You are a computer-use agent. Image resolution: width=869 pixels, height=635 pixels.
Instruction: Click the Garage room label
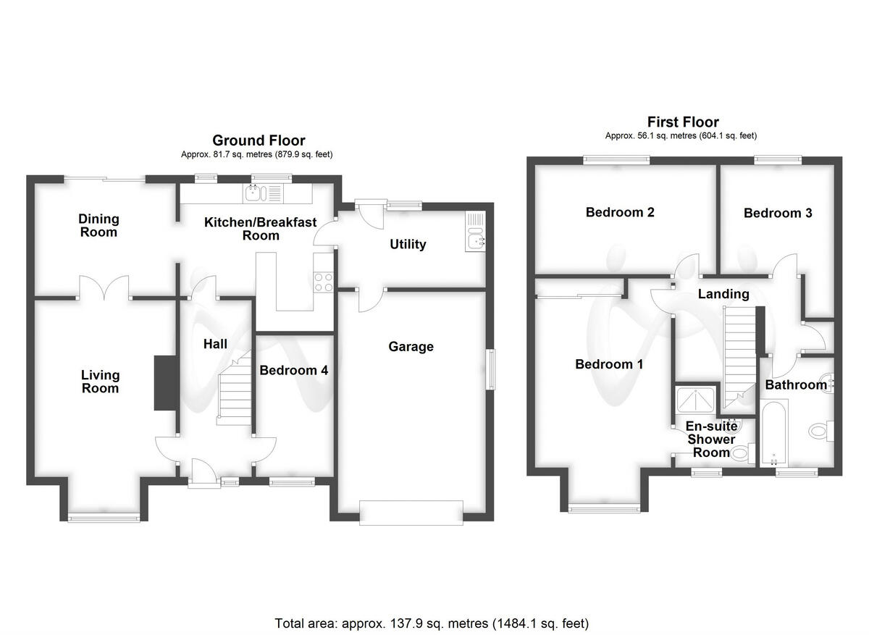(x=411, y=347)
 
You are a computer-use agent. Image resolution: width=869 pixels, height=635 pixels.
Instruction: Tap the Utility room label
(x=408, y=245)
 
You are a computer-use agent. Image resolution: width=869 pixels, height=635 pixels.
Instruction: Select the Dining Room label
(x=98, y=225)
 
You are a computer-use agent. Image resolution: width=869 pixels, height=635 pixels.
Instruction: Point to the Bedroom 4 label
(x=294, y=370)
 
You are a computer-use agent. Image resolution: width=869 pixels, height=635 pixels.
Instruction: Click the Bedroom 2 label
(x=620, y=212)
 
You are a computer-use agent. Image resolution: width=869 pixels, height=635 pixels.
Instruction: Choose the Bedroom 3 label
(x=778, y=213)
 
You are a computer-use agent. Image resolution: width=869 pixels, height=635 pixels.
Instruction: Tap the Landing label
(x=723, y=294)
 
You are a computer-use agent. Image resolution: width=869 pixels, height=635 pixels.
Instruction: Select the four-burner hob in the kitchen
(x=323, y=281)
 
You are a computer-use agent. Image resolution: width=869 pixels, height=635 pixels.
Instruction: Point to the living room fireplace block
(x=166, y=383)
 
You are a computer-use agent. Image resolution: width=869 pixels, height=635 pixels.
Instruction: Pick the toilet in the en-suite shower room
(x=740, y=454)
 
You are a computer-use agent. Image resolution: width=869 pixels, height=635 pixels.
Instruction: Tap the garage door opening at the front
(x=411, y=512)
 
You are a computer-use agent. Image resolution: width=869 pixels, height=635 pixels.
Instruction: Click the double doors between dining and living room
(x=104, y=289)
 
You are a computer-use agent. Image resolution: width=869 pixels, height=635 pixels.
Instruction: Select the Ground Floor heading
(x=258, y=140)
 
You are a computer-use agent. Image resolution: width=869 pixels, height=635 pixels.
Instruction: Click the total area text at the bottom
(x=432, y=623)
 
